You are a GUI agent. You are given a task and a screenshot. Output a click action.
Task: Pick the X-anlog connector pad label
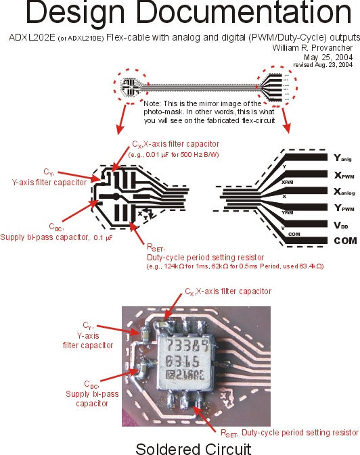(346, 191)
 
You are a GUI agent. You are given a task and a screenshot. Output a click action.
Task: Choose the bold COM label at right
(344, 240)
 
